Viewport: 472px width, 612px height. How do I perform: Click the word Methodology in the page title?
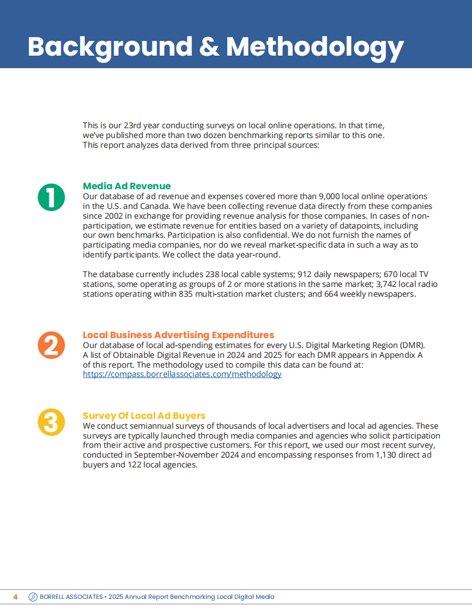[315, 47]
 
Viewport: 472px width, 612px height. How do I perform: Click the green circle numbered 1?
[51, 197]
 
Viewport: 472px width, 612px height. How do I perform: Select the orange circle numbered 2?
[51, 346]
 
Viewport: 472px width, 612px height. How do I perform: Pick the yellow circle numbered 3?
[51, 422]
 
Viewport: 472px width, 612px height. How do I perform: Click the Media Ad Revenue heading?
[126, 186]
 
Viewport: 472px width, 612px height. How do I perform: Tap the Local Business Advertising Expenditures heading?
[178, 335]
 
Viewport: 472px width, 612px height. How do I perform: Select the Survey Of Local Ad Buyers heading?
[144, 416]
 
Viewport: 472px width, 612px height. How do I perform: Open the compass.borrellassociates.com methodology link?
[182, 374]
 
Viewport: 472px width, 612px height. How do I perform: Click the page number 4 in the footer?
[15, 597]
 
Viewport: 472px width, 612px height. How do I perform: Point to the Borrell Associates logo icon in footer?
[33, 597]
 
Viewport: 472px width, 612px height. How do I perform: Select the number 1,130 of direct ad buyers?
[387, 455]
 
